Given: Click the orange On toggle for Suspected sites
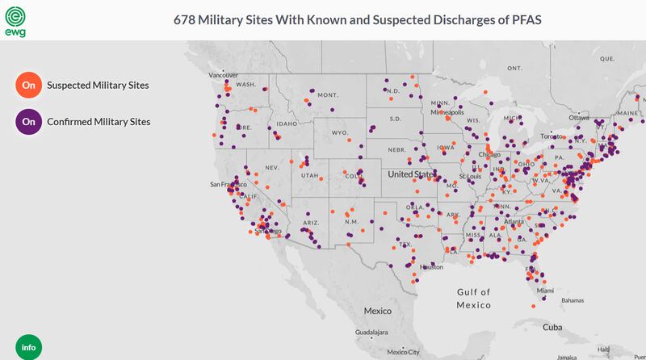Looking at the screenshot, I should [28, 85].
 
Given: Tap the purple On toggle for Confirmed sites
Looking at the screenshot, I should [28, 122].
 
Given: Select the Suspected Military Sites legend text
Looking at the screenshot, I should [98, 85].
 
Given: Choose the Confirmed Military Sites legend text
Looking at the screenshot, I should [99, 122].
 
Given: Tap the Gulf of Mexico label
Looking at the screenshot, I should [473, 298].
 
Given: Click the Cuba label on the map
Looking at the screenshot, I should [552, 327].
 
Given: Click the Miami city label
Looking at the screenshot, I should [546, 291].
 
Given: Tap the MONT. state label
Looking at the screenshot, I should [327, 94].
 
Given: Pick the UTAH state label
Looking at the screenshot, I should [310, 175].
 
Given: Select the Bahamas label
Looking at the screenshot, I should [573, 300].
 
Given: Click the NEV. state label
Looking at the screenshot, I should [271, 167].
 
